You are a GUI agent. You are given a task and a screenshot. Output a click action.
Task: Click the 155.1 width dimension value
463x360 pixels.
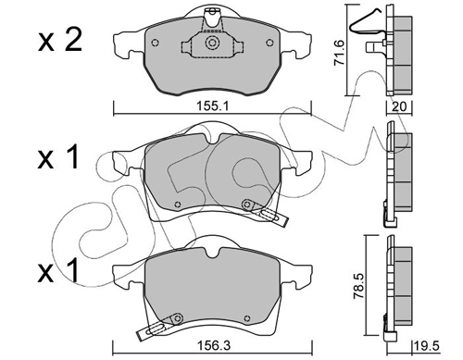pyautogui.click(x=212, y=106)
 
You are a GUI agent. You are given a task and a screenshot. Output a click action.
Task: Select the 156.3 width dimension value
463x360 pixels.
pyautogui.click(x=213, y=346)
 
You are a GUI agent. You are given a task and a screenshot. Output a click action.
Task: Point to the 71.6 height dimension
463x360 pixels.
pyautogui.click(x=340, y=53)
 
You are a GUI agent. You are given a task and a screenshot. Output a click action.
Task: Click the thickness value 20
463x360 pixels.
pyautogui.click(x=399, y=106)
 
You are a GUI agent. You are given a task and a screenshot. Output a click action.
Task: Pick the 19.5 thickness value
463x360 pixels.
pyautogui.click(x=428, y=346)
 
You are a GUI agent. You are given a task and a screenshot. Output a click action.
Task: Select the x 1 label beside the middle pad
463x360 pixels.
pyautogui.click(x=57, y=159)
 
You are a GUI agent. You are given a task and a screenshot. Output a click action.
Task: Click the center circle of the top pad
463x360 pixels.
pyautogui.click(x=212, y=43)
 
